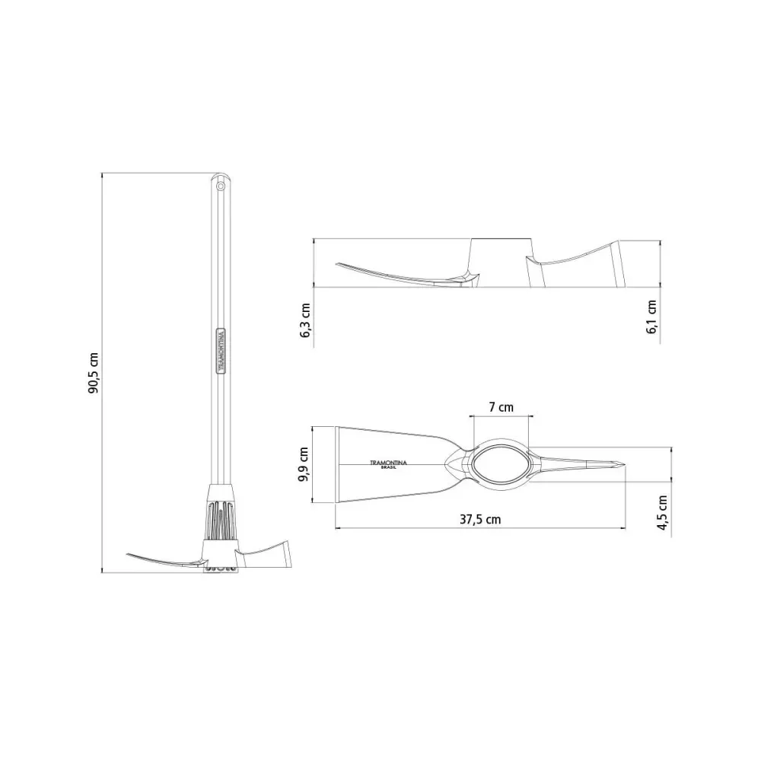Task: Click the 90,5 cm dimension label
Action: [x=93, y=373]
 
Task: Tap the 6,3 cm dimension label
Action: [x=305, y=320]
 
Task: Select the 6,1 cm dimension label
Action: [x=651, y=317]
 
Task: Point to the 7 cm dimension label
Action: [x=501, y=406]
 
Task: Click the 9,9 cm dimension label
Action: [x=304, y=464]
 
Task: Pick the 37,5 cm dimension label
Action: [x=480, y=519]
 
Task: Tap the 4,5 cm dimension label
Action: [x=663, y=512]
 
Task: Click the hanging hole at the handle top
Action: [x=221, y=186]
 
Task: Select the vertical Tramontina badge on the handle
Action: [x=221, y=350]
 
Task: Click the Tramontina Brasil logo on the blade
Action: [x=388, y=464]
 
